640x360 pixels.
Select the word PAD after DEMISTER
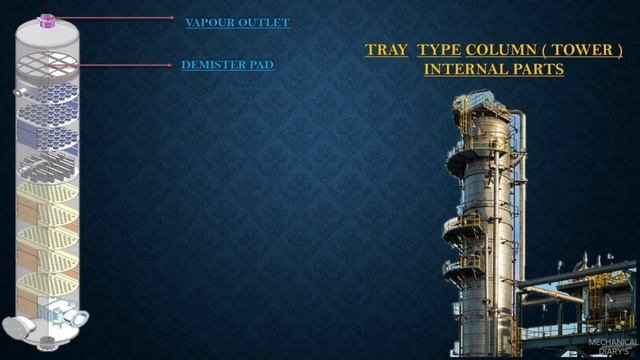pyautogui.click(x=263, y=65)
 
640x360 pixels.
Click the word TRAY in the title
pyautogui.click(x=386, y=49)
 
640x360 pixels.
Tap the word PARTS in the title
pyautogui.click(x=539, y=69)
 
